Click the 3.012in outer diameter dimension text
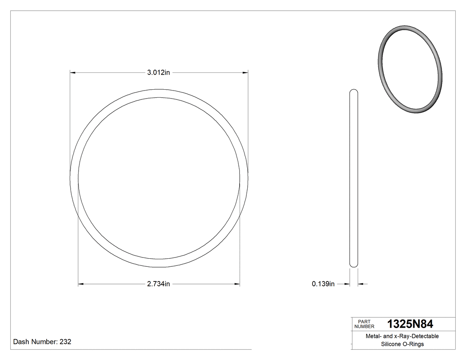159,72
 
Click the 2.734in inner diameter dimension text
159,284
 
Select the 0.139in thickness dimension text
323,284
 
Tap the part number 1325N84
410,324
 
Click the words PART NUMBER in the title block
364,324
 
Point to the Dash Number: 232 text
42,342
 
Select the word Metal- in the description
373,336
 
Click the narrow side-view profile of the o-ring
354,178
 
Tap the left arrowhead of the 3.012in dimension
73,72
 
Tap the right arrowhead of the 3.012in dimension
245,72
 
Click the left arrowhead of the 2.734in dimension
81,284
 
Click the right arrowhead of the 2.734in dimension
237,284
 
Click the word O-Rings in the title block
414,344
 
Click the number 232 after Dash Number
65,342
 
